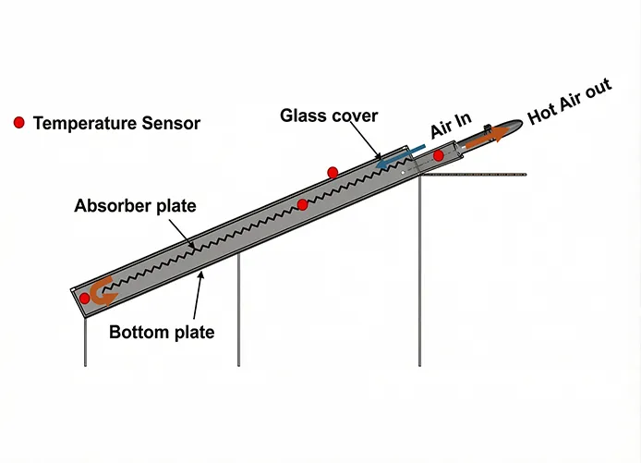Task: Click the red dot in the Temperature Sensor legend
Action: (x=18, y=122)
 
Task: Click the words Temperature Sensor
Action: (x=116, y=122)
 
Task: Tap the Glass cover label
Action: (x=330, y=116)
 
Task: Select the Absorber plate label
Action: (x=135, y=205)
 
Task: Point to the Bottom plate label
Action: (x=162, y=332)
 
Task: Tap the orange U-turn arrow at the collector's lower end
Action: (x=101, y=290)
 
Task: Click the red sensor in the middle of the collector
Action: (x=302, y=204)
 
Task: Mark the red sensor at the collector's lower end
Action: (x=85, y=299)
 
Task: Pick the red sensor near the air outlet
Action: (x=438, y=155)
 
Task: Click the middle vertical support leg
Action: (x=238, y=310)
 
